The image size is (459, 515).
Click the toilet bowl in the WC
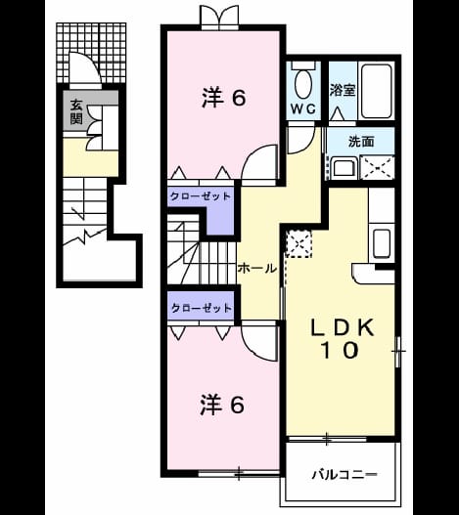(303, 83)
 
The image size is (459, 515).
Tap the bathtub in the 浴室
(377, 91)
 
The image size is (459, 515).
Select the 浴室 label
(343, 90)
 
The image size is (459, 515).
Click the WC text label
(303, 108)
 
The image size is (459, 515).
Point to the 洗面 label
(361, 142)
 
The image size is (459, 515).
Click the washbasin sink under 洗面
(344, 168)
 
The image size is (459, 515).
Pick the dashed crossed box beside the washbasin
(377, 167)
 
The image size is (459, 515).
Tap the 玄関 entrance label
(76, 112)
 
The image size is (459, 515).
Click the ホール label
(257, 269)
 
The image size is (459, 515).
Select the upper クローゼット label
(200, 196)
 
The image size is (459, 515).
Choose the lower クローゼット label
(202, 308)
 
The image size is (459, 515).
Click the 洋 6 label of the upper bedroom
(224, 98)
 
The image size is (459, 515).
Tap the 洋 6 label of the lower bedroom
(222, 405)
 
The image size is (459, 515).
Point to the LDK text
(343, 327)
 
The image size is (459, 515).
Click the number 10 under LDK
(340, 350)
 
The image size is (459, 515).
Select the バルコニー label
(344, 474)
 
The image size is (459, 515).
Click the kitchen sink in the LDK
(382, 243)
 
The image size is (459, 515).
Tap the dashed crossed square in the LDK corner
(299, 243)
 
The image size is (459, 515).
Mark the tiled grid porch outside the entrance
(91, 53)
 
